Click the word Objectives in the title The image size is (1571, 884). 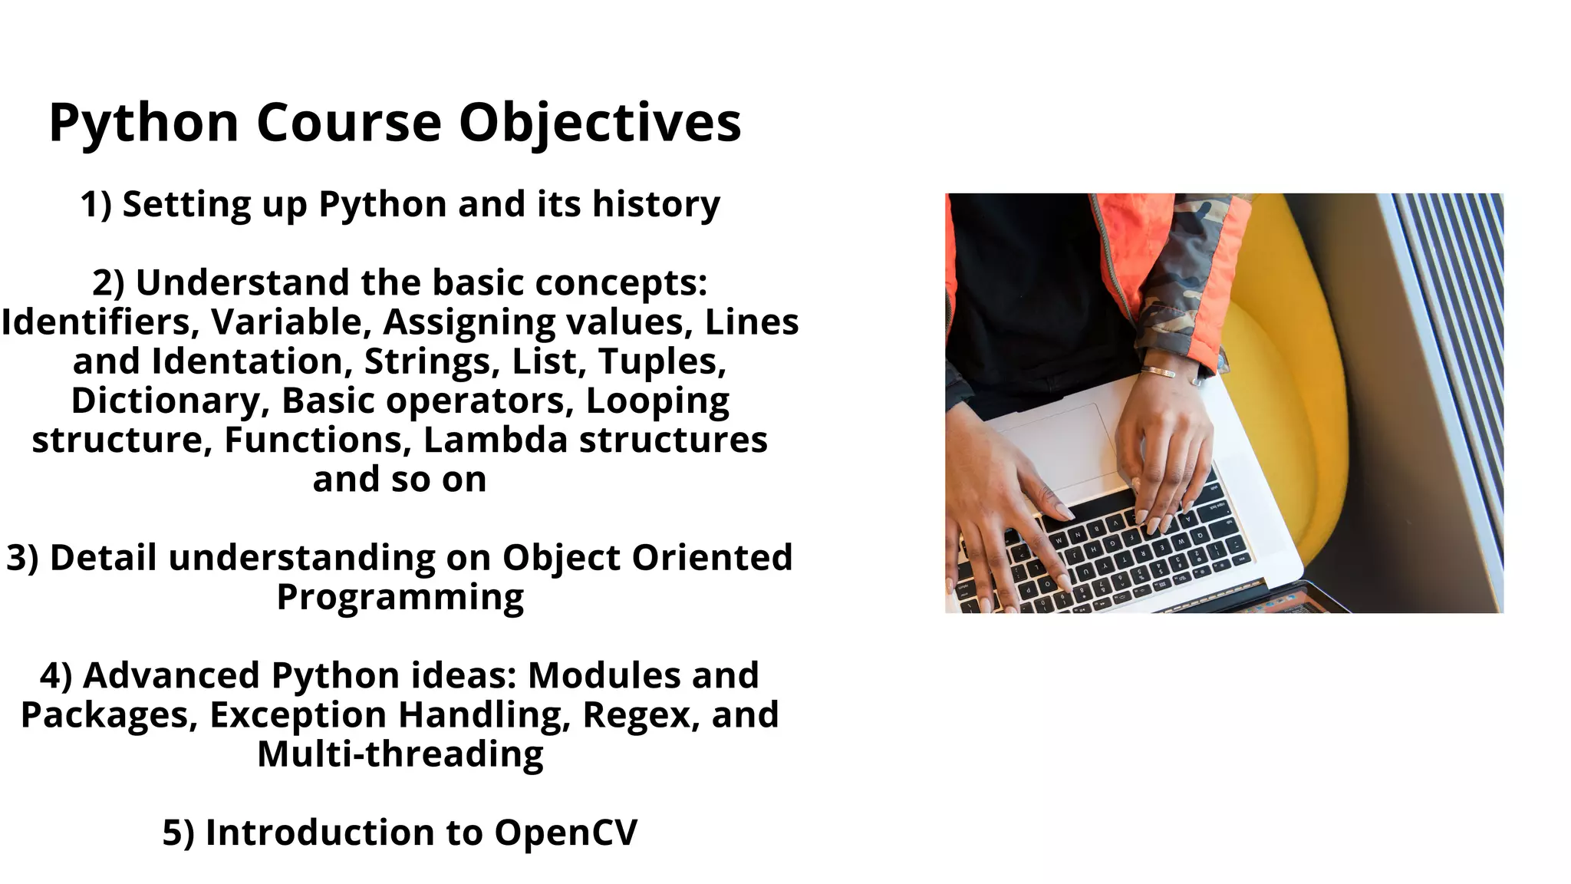(600, 123)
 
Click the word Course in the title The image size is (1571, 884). (349, 123)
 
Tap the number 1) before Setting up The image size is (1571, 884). (96, 205)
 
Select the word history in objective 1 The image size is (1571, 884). (656, 205)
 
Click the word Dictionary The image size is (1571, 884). (170, 401)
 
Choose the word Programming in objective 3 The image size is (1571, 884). (400, 598)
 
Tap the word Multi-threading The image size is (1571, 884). (400, 754)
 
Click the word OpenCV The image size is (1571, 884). (565, 833)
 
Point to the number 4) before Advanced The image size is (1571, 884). (56, 676)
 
